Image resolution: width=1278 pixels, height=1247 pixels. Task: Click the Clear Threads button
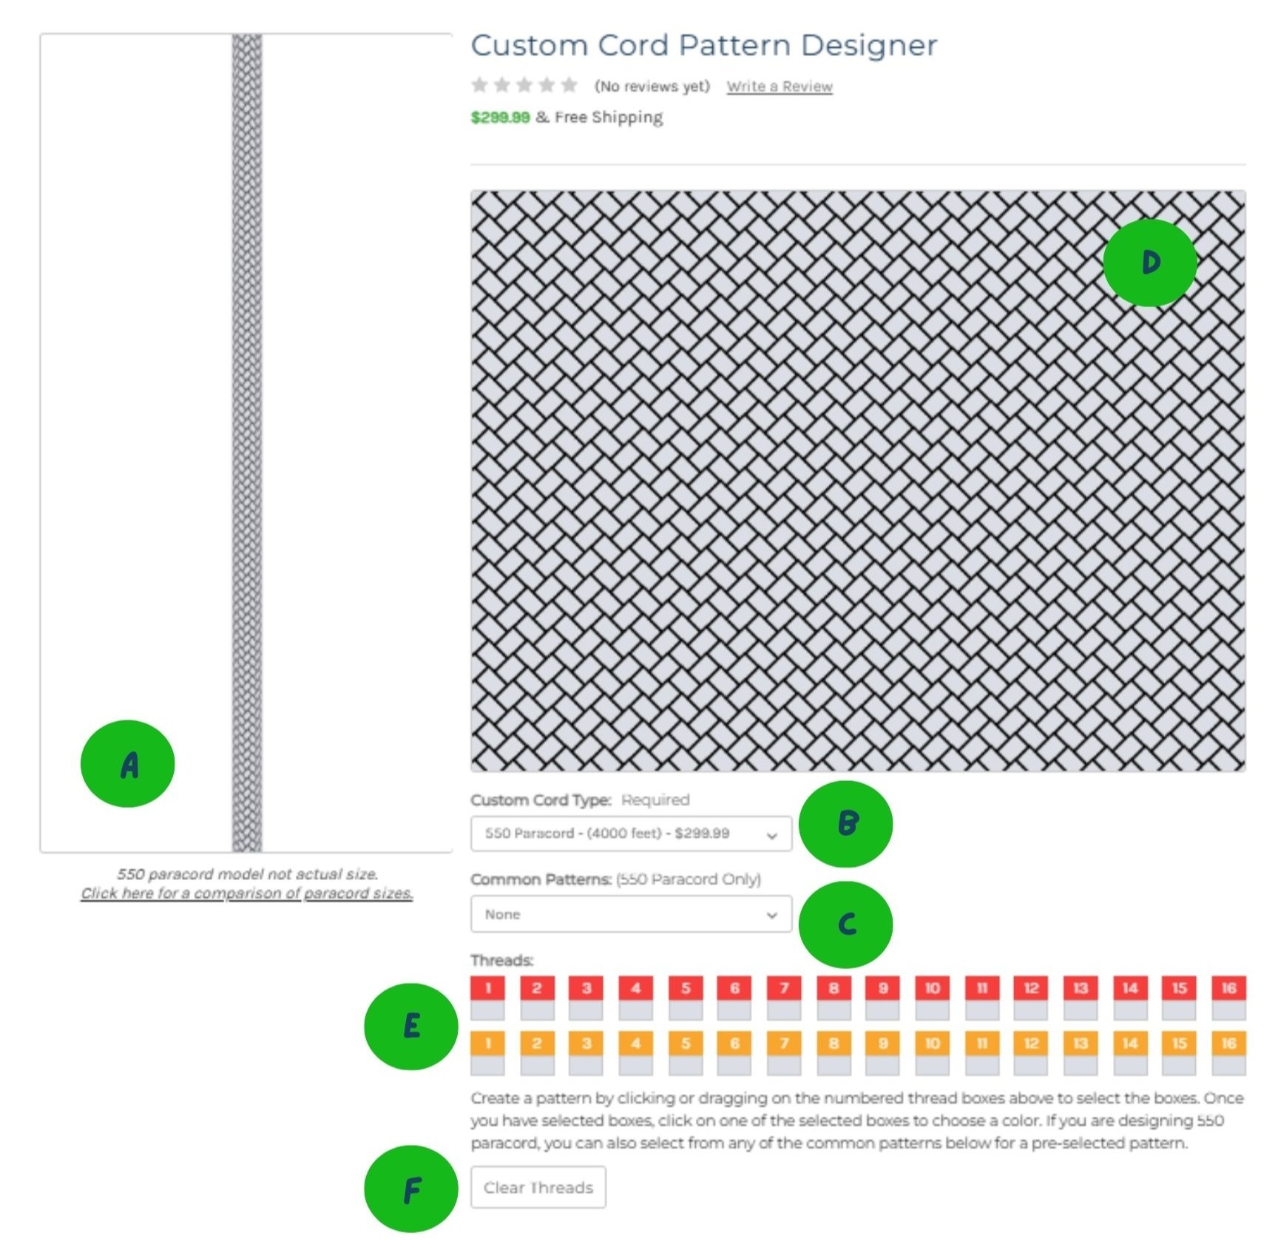[x=538, y=1187]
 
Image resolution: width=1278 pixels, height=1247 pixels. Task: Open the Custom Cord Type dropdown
[x=631, y=834]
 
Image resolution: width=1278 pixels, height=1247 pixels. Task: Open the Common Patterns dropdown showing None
[x=631, y=914]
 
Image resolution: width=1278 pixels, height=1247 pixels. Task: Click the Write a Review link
[x=780, y=87]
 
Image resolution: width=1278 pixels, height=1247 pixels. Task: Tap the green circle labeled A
[x=128, y=763]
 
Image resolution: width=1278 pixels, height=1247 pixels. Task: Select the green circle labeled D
[x=1150, y=263]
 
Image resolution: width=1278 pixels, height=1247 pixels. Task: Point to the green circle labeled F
[x=411, y=1189]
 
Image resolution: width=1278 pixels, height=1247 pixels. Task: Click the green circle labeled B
[x=846, y=823]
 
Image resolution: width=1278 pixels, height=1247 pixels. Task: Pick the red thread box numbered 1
[x=487, y=998]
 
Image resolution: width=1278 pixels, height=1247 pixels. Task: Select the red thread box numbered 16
[x=1228, y=998]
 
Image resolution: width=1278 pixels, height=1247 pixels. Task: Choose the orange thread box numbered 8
[x=834, y=1053]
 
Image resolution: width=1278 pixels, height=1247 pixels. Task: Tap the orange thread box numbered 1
[x=487, y=1053]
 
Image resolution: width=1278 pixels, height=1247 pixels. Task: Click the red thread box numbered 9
[x=883, y=998]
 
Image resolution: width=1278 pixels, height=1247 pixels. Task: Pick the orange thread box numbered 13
[x=1081, y=1053]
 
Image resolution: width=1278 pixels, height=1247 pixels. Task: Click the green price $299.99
[x=501, y=118]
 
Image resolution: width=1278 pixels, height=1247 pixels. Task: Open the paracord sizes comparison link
[x=247, y=893]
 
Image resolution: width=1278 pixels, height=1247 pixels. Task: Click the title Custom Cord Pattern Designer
[x=704, y=45]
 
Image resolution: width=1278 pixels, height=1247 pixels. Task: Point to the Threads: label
[x=501, y=960]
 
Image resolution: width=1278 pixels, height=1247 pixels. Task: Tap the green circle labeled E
[x=411, y=1026]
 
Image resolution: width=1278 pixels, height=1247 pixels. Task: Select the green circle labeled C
[x=846, y=925]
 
